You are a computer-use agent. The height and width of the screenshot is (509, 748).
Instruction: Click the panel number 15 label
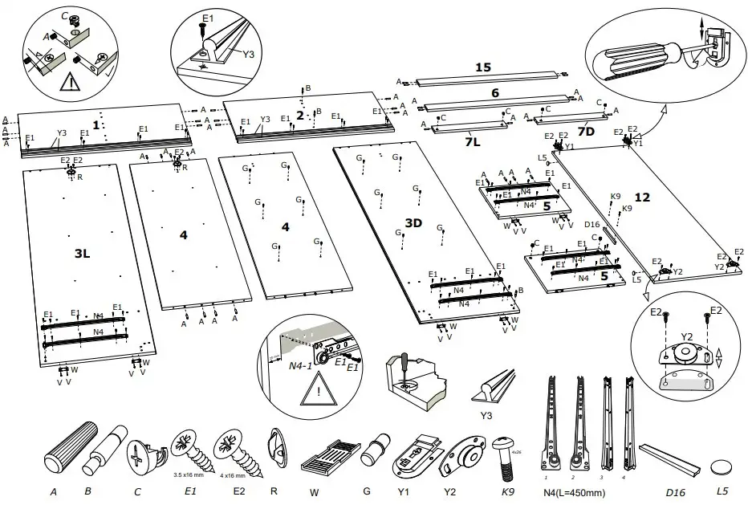(x=482, y=68)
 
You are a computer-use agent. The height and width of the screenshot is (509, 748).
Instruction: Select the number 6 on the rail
(x=495, y=93)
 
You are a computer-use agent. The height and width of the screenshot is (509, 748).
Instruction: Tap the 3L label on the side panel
(x=81, y=254)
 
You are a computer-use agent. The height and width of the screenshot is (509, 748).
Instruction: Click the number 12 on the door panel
(x=642, y=197)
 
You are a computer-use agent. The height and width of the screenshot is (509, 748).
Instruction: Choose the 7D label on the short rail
(x=586, y=130)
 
